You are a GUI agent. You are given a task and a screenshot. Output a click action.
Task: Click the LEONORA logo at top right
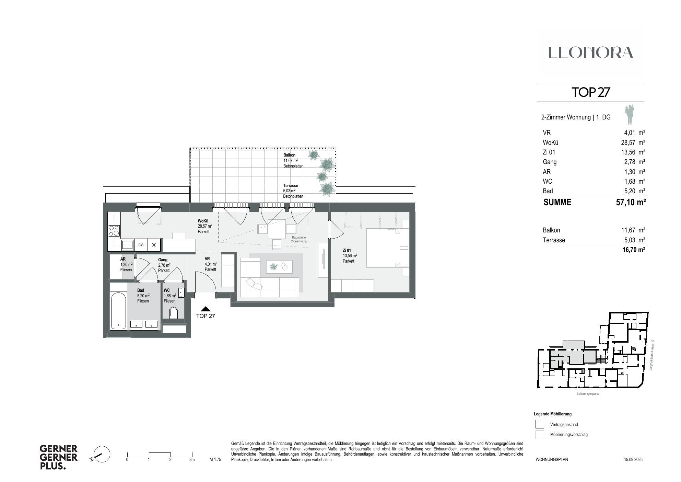click(x=590, y=53)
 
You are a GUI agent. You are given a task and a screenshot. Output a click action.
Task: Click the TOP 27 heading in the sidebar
click(x=590, y=92)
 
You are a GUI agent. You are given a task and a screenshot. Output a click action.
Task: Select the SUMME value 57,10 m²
click(x=631, y=202)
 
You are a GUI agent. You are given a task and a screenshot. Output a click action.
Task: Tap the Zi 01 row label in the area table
click(x=549, y=152)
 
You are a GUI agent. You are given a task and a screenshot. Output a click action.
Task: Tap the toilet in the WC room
click(x=174, y=313)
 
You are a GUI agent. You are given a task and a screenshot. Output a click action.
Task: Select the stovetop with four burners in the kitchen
click(x=114, y=231)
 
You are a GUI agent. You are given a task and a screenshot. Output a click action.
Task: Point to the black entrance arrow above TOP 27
click(x=206, y=309)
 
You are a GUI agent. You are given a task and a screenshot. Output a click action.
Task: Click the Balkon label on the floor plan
click(x=289, y=155)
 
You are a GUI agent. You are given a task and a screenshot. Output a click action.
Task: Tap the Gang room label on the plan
click(x=163, y=260)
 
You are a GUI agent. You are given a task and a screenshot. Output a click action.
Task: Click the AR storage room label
click(x=123, y=259)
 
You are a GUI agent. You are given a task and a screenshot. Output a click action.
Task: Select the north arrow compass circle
click(x=102, y=455)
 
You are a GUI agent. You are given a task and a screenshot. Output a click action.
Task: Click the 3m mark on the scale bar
click(x=192, y=460)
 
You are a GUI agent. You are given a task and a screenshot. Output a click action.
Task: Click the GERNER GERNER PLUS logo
click(x=58, y=457)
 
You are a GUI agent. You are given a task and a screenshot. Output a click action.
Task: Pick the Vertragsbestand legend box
click(x=540, y=424)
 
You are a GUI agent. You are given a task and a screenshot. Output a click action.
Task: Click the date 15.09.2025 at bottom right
click(x=633, y=459)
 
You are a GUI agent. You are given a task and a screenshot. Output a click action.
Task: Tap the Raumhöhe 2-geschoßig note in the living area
click(x=298, y=239)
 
